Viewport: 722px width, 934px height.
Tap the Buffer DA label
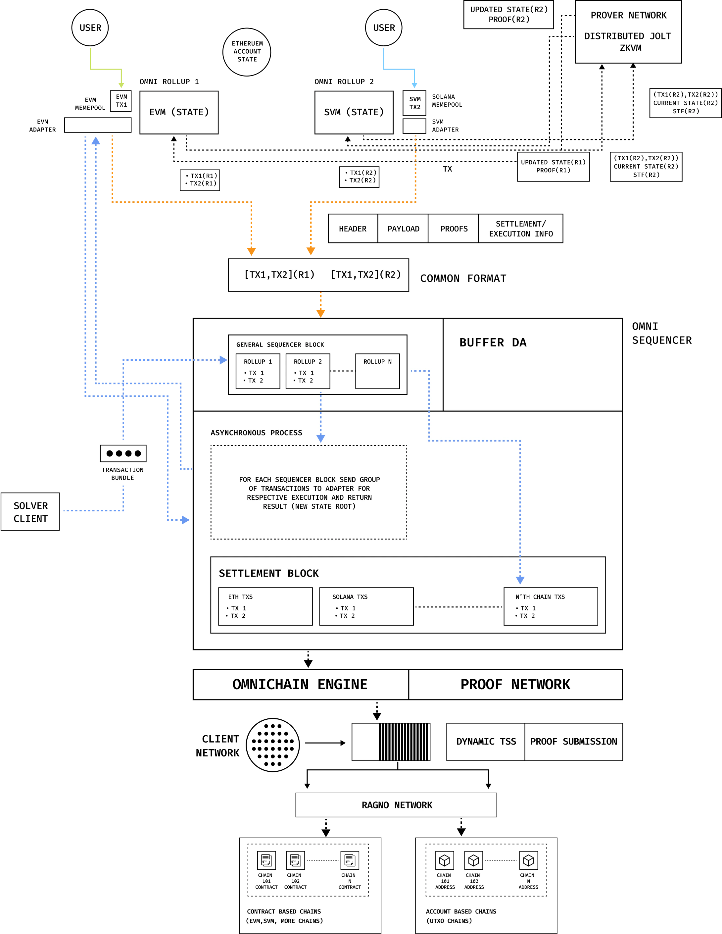pos(493,342)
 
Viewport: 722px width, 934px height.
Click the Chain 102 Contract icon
pos(295,860)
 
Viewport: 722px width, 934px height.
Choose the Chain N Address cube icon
pos(529,860)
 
